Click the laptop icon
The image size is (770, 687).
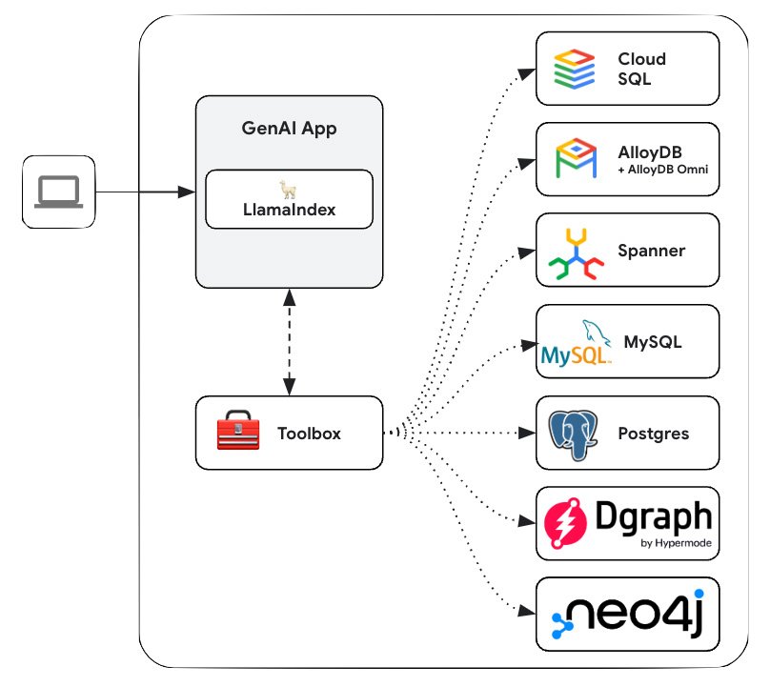[59, 193]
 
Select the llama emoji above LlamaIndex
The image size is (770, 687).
[289, 189]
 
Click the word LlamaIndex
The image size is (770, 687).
[289, 210]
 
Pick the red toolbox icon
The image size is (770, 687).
[238, 434]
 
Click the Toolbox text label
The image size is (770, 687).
[309, 434]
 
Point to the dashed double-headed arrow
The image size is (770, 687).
[289, 341]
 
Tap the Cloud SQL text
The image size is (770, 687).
[641, 69]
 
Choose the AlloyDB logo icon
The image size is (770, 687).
[576, 159]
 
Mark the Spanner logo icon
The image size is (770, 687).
[576, 252]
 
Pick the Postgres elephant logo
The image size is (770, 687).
[576, 433]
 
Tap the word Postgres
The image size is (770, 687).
[654, 434]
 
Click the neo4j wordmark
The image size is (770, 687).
[643, 613]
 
